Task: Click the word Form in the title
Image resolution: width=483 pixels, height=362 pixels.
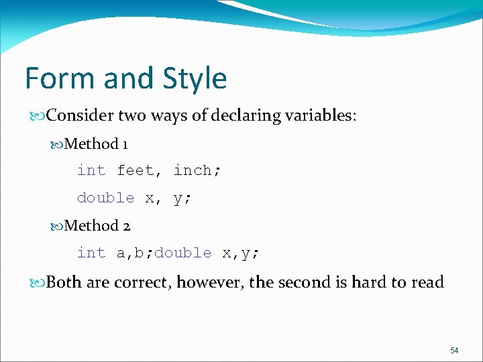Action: point(57,78)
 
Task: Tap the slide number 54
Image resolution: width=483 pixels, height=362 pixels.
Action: point(454,351)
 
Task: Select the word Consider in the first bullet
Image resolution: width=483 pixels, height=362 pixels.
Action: point(80,115)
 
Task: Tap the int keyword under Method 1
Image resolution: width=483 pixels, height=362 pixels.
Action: point(91,171)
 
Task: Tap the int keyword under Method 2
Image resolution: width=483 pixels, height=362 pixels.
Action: point(91,253)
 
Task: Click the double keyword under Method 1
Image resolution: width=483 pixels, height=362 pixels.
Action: point(106,198)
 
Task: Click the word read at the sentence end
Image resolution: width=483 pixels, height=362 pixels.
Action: point(427,282)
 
